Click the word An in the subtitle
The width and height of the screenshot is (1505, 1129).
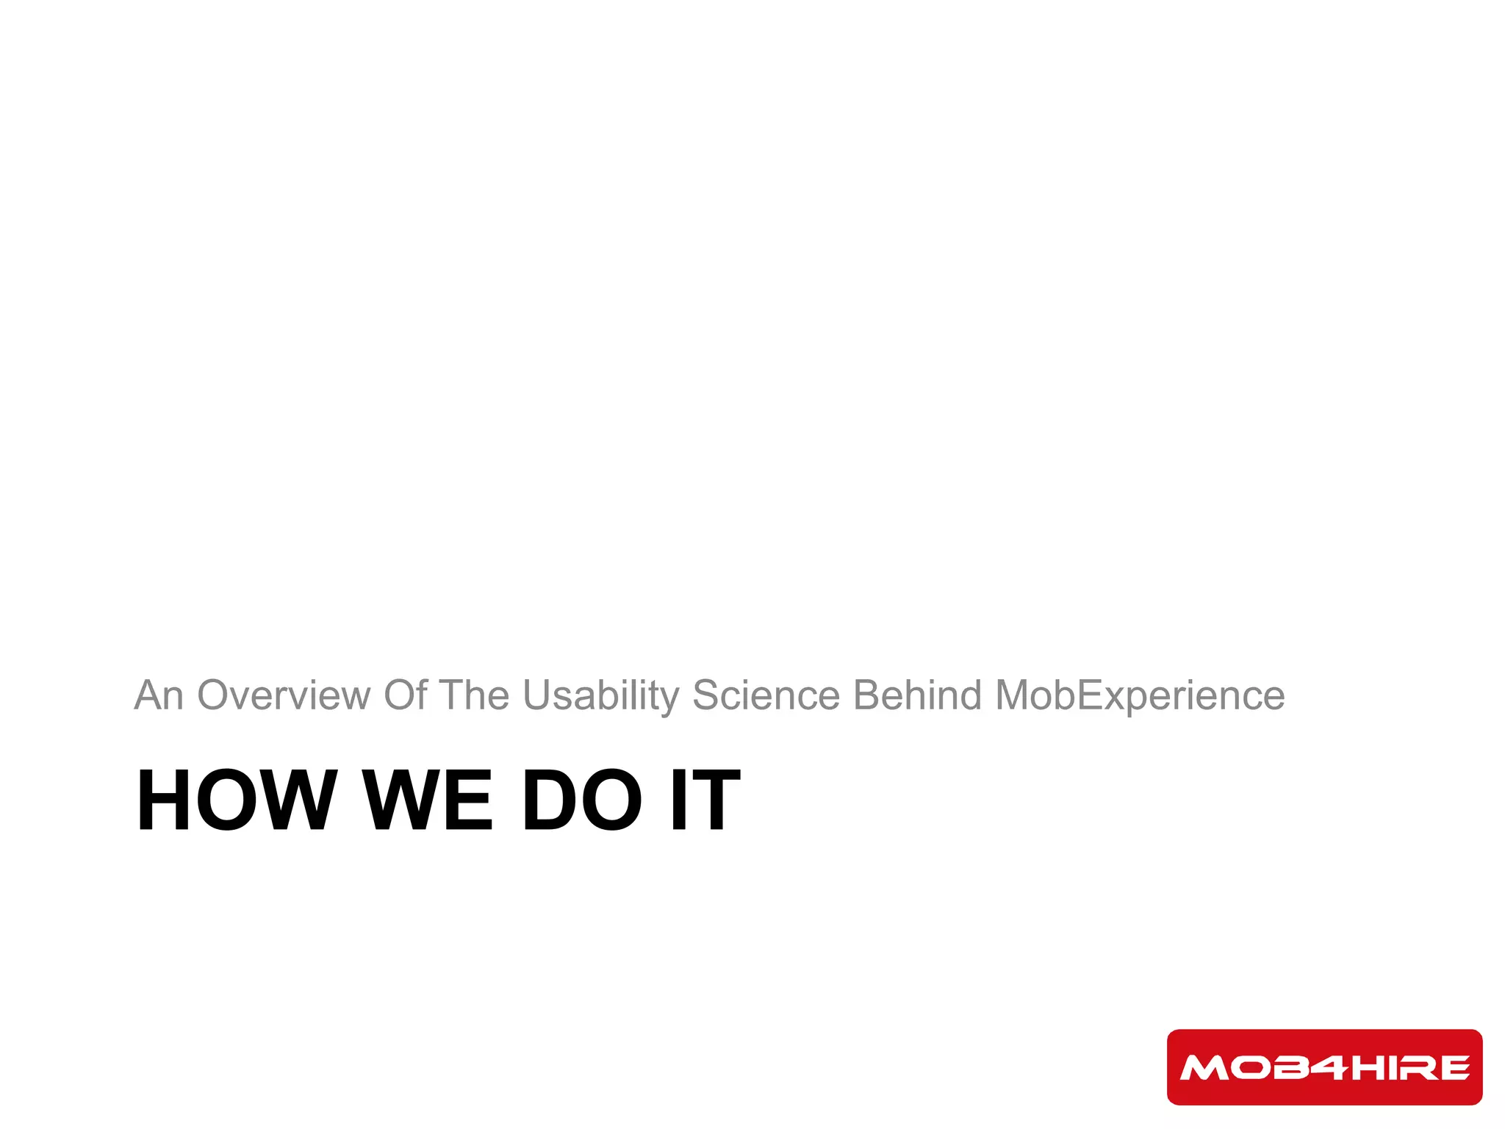pyautogui.click(x=158, y=695)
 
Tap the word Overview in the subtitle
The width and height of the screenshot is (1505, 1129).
pyautogui.click(x=284, y=695)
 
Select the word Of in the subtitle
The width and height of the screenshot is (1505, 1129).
pyautogui.click(x=405, y=695)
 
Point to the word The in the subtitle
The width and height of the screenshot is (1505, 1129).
pyautogui.click(x=474, y=695)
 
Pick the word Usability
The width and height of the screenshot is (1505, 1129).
pyautogui.click(x=601, y=695)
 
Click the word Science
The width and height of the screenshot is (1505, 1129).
pyautogui.click(x=766, y=695)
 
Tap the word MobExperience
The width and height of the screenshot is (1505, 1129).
pyautogui.click(x=1140, y=695)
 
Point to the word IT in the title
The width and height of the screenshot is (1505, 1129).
pyautogui.click(x=705, y=800)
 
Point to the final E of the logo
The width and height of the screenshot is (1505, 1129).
pyautogui.click(x=1455, y=1068)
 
